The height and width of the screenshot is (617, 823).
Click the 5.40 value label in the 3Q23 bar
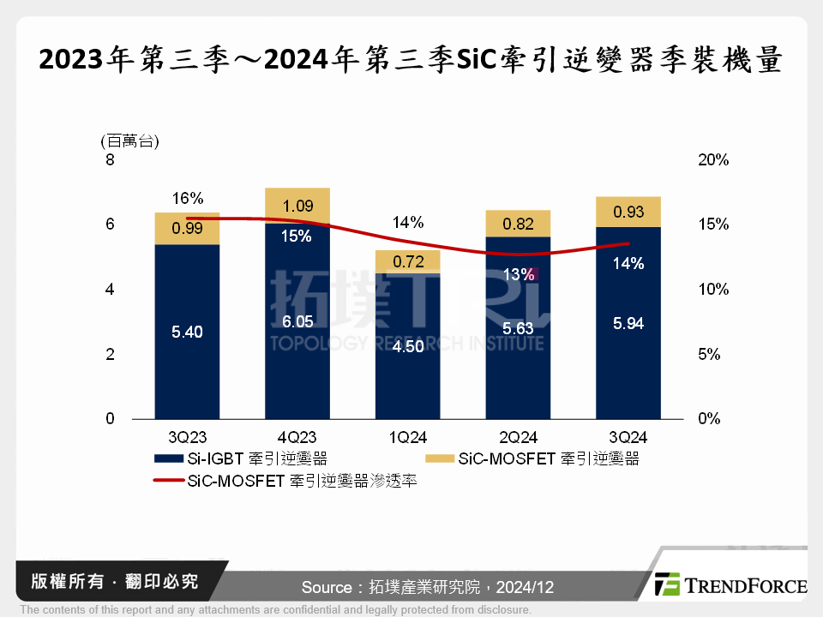[187, 332]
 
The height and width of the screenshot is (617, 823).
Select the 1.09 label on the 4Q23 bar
[297, 207]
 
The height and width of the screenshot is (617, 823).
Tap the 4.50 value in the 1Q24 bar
[407, 348]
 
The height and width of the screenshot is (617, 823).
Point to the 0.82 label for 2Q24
[518, 225]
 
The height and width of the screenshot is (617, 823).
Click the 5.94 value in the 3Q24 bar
[628, 323]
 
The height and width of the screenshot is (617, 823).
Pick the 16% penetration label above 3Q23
[187, 198]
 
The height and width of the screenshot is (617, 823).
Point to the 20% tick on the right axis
[712, 160]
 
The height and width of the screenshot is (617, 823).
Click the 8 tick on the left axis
[110, 160]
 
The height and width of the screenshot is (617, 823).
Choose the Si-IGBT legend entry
[240, 459]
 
